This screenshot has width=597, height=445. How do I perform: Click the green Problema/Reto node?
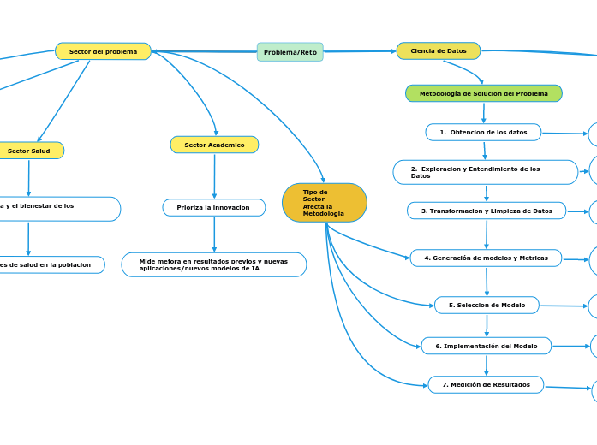[290, 52]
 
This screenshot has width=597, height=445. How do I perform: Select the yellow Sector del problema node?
[103, 51]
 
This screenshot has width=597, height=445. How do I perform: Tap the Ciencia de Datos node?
[438, 51]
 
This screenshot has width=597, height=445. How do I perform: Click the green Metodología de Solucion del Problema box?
[483, 93]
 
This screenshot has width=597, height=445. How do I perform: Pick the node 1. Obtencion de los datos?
[483, 132]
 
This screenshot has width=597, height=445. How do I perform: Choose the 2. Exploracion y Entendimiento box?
[485, 172]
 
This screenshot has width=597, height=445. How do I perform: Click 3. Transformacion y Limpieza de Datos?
[486, 211]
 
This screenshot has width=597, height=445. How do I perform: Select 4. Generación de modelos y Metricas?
[486, 258]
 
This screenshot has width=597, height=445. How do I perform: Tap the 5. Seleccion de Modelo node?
[487, 305]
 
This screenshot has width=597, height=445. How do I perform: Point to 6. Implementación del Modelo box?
[486, 346]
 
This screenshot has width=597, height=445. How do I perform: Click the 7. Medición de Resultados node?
[486, 384]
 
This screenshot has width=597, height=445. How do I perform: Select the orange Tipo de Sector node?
[324, 203]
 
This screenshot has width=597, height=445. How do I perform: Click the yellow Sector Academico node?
[214, 145]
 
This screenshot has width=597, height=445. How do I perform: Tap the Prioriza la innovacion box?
[213, 207]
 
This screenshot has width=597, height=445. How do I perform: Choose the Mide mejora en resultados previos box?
[213, 264]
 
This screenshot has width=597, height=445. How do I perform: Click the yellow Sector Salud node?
[29, 151]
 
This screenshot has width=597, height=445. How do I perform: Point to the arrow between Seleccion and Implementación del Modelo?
[487, 325]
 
